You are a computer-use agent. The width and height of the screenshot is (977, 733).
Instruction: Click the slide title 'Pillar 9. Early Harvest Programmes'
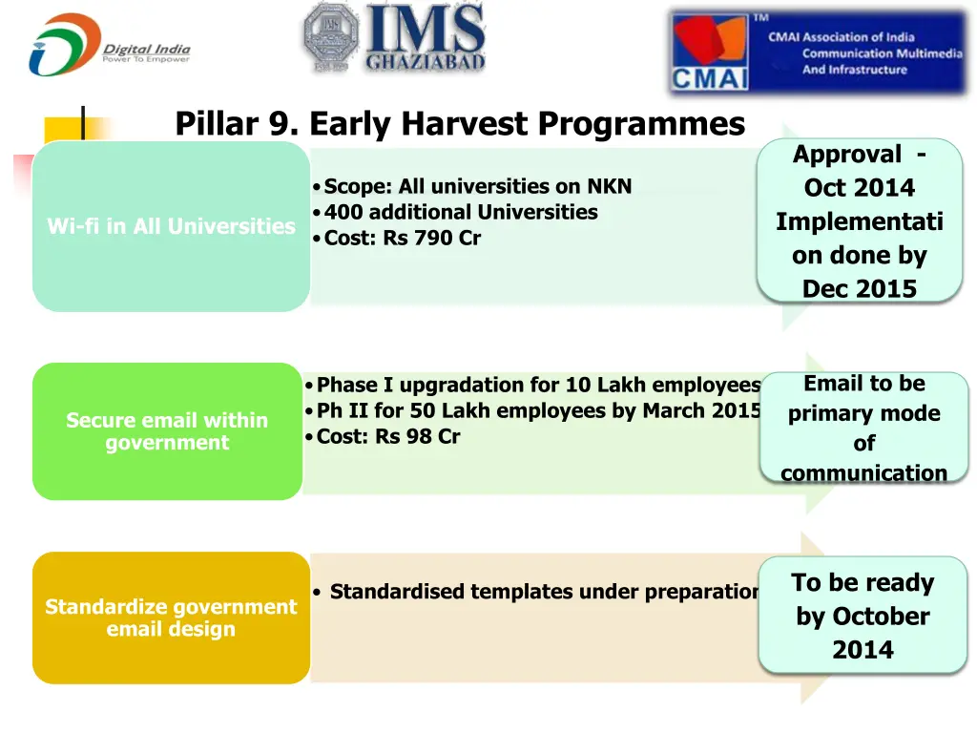(x=459, y=124)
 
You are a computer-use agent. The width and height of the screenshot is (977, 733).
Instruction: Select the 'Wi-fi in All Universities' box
(x=171, y=226)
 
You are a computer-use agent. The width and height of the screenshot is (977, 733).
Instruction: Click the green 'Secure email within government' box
(x=167, y=431)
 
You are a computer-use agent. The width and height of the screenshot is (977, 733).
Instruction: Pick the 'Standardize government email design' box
(x=171, y=618)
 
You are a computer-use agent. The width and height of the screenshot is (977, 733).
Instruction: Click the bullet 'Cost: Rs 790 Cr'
(x=402, y=239)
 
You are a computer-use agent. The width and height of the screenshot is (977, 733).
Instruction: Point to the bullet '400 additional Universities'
(x=460, y=212)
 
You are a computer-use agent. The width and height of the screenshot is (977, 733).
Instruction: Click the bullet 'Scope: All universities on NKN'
(x=477, y=186)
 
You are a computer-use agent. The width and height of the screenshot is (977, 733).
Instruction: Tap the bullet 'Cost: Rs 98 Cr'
(x=387, y=437)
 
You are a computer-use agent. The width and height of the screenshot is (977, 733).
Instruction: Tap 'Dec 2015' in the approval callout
(x=859, y=288)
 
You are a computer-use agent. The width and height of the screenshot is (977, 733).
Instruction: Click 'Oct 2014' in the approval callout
(x=859, y=188)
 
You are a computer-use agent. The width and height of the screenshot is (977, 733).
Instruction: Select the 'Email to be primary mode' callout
(x=863, y=428)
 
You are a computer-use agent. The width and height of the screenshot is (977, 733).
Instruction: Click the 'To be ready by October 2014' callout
(x=863, y=616)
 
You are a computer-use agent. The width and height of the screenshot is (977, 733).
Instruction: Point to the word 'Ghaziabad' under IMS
(x=425, y=63)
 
